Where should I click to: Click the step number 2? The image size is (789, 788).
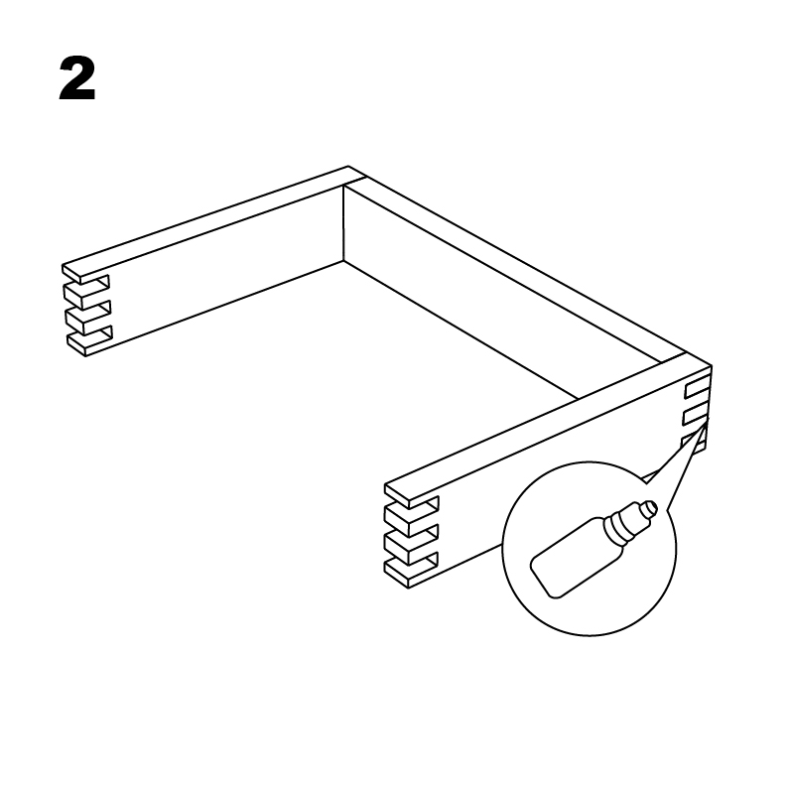click(x=77, y=78)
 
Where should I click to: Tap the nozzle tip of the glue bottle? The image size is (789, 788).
click(x=652, y=507)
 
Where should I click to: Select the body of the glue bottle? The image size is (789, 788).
click(x=577, y=559)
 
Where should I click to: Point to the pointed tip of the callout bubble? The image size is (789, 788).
click(x=708, y=419)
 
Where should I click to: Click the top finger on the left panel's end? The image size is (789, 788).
click(x=85, y=273)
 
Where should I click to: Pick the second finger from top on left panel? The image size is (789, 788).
click(x=86, y=295)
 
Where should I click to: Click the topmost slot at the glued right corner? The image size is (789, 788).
click(x=697, y=387)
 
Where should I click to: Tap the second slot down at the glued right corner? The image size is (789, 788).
click(x=696, y=414)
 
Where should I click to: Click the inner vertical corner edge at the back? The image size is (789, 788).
click(x=343, y=223)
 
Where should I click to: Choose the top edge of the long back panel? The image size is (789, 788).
click(x=518, y=267)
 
